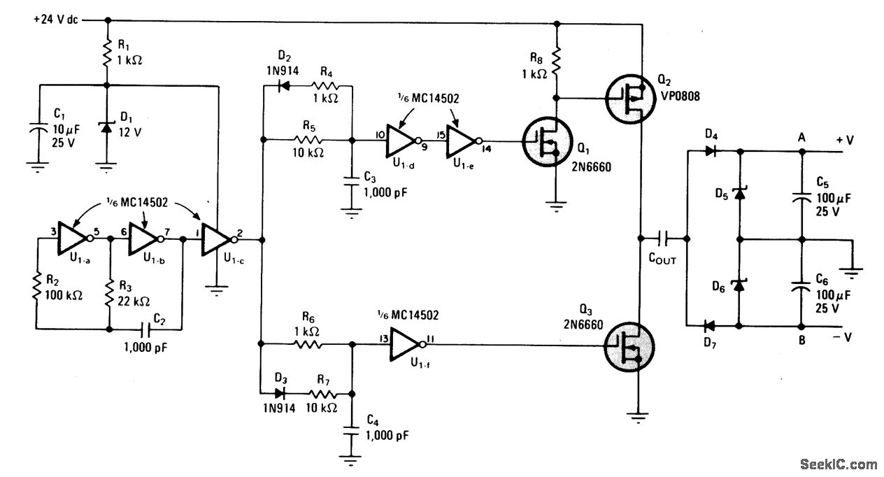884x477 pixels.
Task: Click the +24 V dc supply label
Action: [x=56, y=20]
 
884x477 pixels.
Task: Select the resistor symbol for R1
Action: [x=106, y=53]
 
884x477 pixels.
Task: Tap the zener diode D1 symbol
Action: [x=106, y=127]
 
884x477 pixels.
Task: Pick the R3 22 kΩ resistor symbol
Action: [x=109, y=294]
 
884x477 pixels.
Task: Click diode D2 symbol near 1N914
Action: [x=283, y=85]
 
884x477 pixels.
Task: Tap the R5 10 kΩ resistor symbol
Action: [x=308, y=140]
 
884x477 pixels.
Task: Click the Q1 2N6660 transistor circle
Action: [x=548, y=141]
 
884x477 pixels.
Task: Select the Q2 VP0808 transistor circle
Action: [x=630, y=99]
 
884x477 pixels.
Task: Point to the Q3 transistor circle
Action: [x=629, y=347]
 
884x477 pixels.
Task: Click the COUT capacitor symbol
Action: [x=663, y=239]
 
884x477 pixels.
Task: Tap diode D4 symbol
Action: [x=711, y=150]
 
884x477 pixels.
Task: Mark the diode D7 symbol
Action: [x=709, y=326]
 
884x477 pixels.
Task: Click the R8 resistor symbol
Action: [x=556, y=61]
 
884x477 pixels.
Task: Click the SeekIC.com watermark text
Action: [x=839, y=464]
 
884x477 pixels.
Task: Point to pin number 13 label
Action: [x=383, y=338]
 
